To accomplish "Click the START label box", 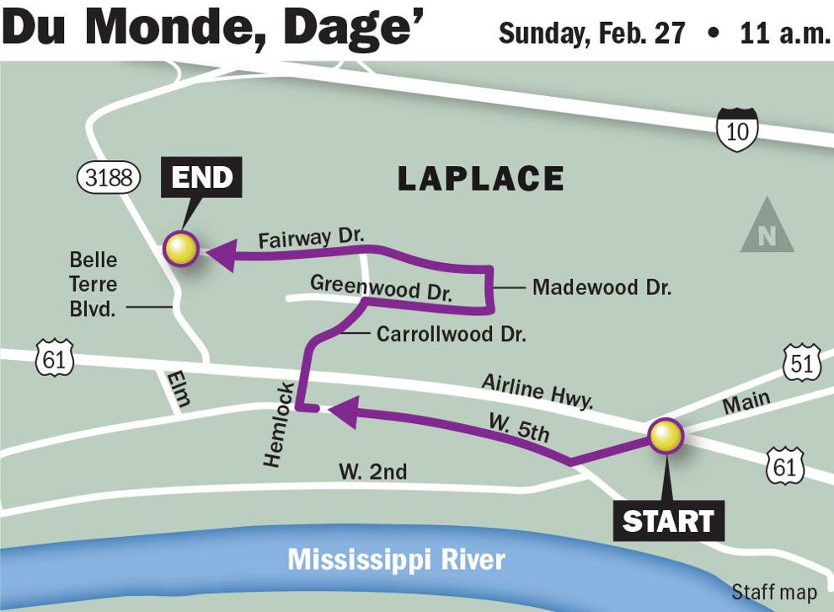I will [668, 521].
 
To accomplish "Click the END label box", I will [201, 178].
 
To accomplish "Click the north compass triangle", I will [767, 229].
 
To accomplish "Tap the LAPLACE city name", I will [480, 179].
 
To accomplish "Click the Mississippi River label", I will [396, 560].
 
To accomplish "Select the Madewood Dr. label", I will [601, 287].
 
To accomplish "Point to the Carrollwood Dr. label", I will [451, 334].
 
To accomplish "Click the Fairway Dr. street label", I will [310, 238].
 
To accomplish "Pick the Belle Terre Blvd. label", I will [93, 285].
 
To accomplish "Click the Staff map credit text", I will [773, 593].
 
